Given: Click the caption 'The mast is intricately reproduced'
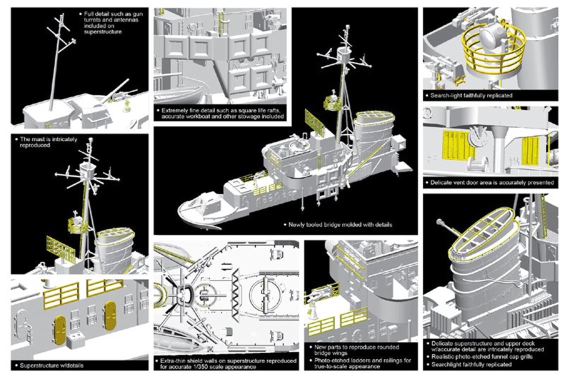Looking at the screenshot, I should (48, 142).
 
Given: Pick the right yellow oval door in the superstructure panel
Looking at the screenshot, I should (109, 316).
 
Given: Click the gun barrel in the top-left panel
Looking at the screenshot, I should (118, 89).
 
